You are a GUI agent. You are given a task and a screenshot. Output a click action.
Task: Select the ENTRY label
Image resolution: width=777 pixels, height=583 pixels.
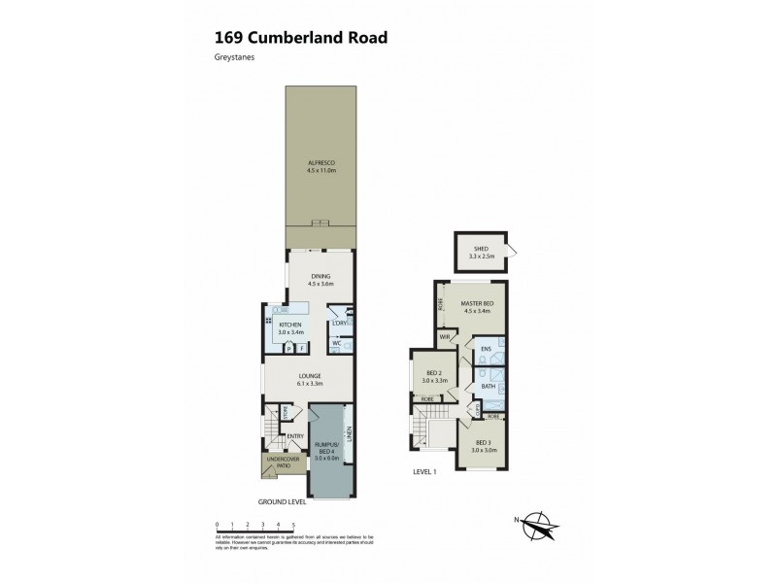(295, 436)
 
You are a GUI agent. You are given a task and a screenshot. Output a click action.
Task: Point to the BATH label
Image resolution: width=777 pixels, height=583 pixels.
(488, 387)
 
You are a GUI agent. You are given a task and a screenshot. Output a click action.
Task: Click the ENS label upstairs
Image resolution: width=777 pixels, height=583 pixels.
(485, 349)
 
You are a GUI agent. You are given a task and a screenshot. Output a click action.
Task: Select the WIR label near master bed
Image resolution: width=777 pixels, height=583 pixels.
(446, 337)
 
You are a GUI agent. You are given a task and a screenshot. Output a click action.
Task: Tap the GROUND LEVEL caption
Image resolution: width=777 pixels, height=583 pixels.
(282, 502)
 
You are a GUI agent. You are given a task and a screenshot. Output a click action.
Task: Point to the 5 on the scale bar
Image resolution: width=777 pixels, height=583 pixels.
(293, 525)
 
